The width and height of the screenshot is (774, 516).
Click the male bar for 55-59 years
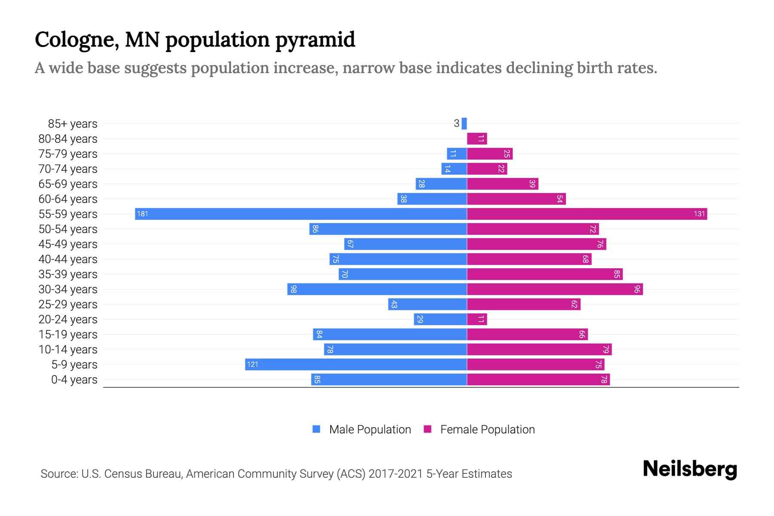(x=301, y=214)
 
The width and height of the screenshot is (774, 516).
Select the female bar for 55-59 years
(x=587, y=214)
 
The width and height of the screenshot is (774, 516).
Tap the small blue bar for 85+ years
(x=464, y=124)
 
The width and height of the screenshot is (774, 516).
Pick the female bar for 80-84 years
(x=477, y=139)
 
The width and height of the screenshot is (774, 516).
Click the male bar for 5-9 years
(x=356, y=365)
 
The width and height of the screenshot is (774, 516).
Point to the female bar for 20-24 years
(x=477, y=319)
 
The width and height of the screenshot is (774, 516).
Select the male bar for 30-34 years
(x=377, y=289)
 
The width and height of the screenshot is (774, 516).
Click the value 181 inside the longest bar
(x=142, y=214)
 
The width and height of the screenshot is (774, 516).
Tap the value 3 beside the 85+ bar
(x=456, y=124)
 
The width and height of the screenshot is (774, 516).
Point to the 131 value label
(x=699, y=214)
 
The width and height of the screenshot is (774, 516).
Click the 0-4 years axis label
(x=74, y=380)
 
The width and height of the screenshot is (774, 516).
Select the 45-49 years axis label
(x=68, y=244)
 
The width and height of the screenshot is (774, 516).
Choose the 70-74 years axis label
(x=68, y=169)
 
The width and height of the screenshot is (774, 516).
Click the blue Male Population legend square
(x=316, y=429)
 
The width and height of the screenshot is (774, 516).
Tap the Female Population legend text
(x=487, y=429)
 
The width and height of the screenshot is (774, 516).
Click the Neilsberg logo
(x=690, y=469)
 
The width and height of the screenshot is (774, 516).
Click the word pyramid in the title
(x=315, y=40)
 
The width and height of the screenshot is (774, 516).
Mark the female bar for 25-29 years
(x=524, y=304)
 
